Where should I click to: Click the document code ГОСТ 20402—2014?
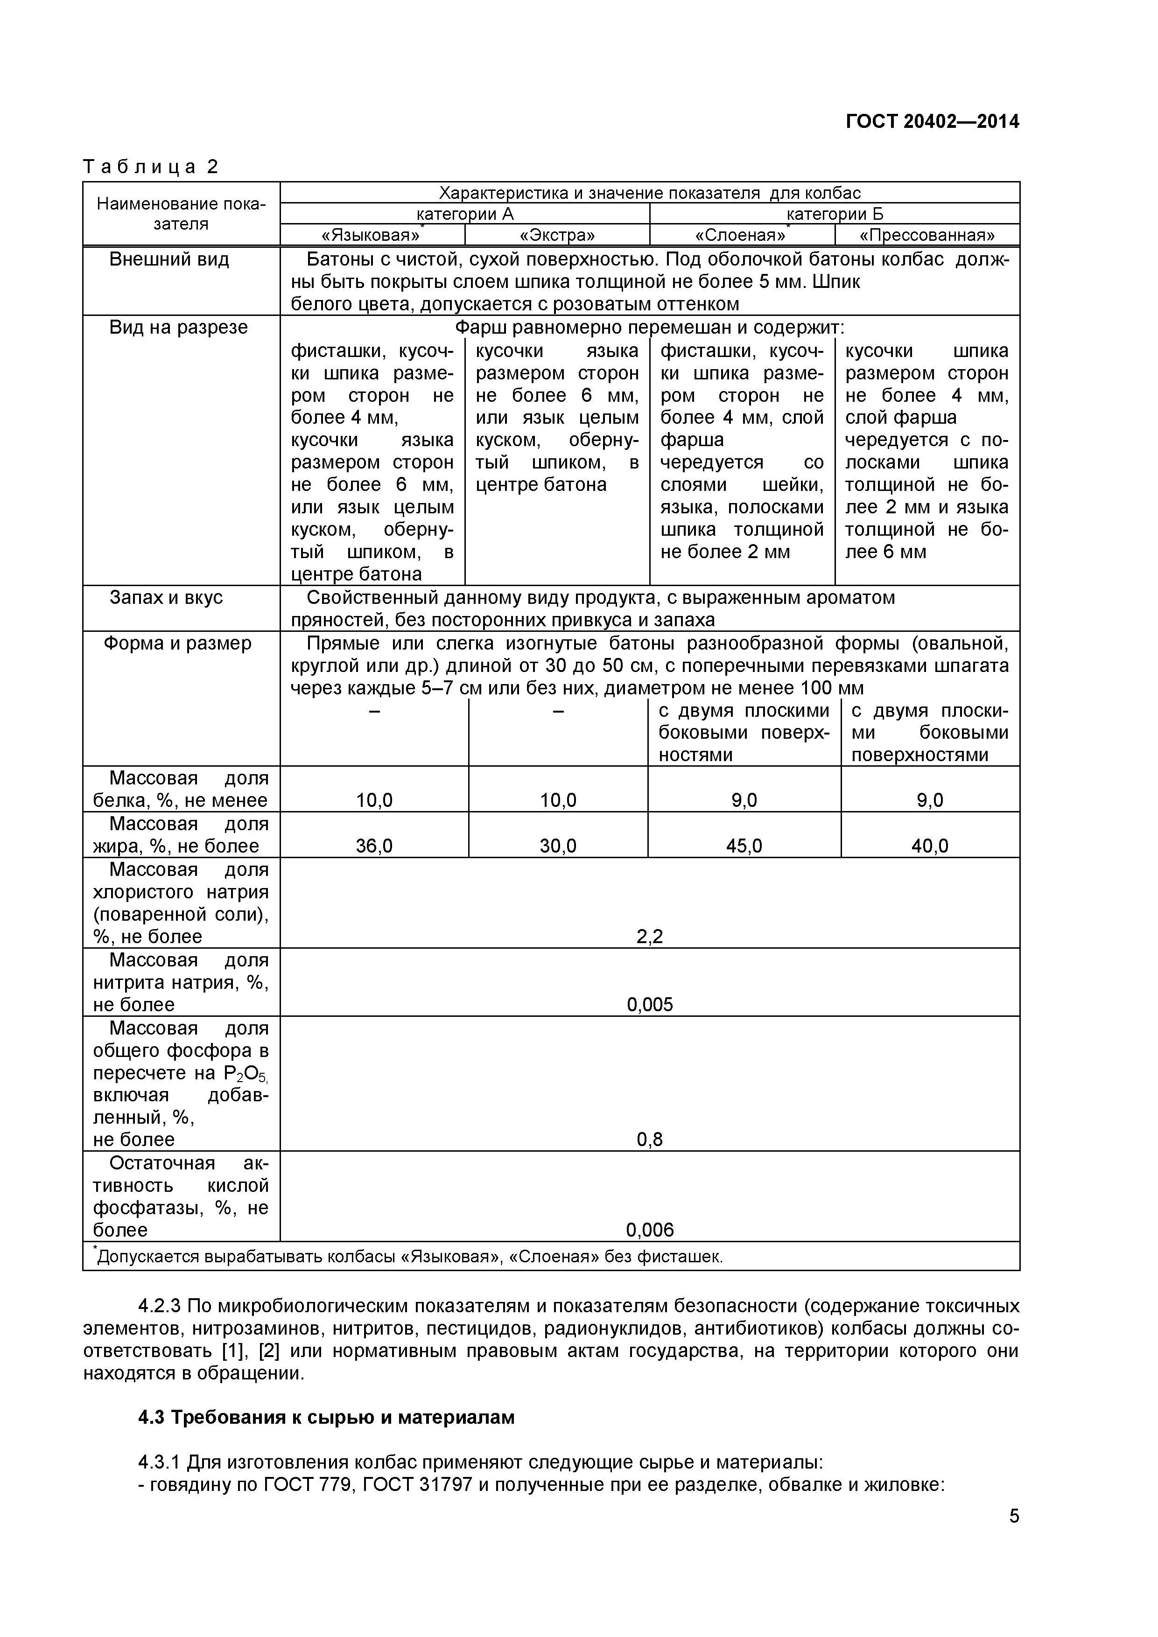932,122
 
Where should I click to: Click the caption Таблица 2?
150,167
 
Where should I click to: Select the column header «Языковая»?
371,235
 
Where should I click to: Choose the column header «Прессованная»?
927,235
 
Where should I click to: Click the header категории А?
464,214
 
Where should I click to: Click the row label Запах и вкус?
166,597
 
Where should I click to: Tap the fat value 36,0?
374,846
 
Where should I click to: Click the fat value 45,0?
744,846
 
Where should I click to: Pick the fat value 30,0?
558,846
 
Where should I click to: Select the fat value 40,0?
930,846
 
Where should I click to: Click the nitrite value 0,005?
650,1005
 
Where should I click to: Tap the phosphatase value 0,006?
650,1230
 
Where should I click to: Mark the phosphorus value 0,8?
650,1140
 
